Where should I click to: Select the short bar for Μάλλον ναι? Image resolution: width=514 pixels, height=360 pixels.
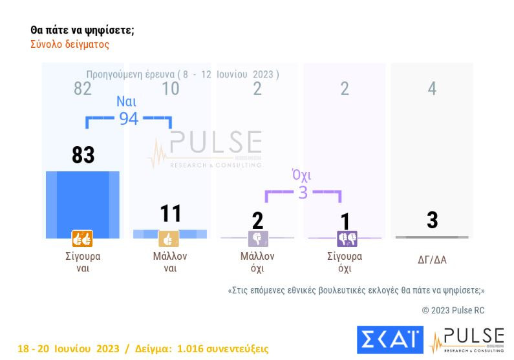170,233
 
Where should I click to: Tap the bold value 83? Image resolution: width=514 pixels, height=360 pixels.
83,155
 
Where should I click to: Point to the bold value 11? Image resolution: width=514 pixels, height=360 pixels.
171,214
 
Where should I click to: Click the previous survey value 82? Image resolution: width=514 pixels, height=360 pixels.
83,89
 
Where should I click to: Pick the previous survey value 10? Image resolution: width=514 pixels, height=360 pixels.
170,89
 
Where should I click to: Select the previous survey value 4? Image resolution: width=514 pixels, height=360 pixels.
432,89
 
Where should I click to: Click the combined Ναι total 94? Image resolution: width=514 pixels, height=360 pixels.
128,118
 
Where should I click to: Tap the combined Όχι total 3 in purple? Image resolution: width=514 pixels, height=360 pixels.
303,193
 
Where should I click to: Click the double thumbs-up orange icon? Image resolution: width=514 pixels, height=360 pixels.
82,239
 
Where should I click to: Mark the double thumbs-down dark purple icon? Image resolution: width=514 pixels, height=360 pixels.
347,239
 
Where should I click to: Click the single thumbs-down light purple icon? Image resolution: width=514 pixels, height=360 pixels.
257,239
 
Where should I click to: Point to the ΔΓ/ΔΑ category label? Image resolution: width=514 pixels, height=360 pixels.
432,260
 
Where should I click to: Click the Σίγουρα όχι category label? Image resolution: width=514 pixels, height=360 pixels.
345,262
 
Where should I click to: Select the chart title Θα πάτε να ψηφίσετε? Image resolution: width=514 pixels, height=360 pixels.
82,30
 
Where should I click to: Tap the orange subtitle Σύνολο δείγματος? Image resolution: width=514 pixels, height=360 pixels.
70,45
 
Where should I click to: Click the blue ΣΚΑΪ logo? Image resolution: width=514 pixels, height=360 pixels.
389,340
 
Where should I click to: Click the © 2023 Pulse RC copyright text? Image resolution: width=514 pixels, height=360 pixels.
453,310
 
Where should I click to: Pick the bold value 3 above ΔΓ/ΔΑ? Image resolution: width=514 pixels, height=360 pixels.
432,220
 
